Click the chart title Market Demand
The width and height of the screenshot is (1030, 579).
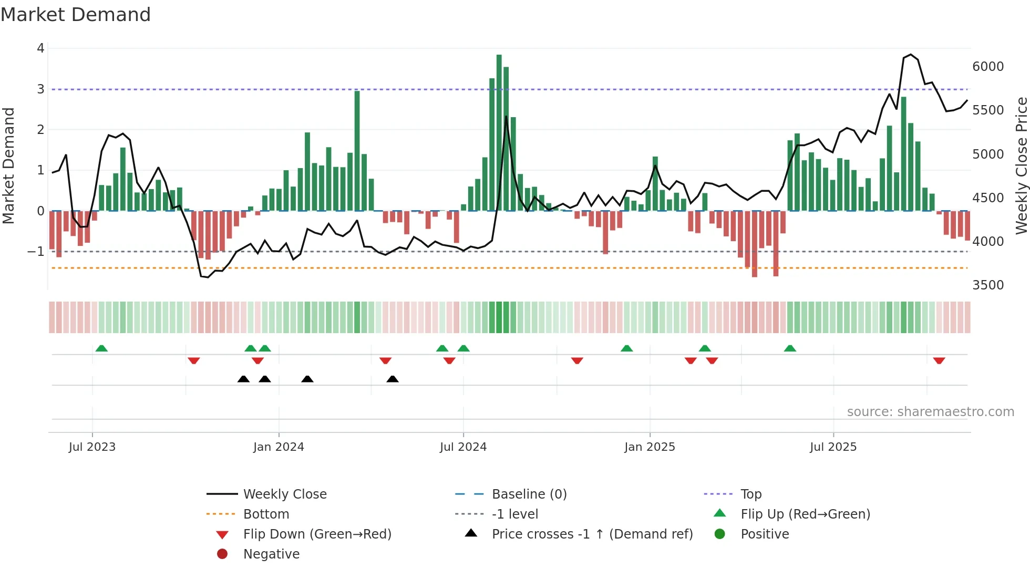pyautogui.click(x=76, y=15)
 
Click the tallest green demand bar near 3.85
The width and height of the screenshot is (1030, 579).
pyautogui.click(x=499, y=131)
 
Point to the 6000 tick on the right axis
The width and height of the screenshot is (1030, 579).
pyautogui.click(x=987, y=67)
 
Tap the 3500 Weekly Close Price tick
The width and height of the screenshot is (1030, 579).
pyautogui.click(x=987, y=285)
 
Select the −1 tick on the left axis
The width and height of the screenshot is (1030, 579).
pyautogui.click(x=36, y=252)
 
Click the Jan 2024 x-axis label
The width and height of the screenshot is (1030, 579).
pyautogui.click(x=279, y=447)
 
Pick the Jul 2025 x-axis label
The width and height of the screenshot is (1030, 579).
pyautogui.click(x=833, y=447)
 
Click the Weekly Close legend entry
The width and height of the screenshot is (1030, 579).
pyautogui.click(x=284, y=494)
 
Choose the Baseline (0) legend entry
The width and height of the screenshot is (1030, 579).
pyautogui.click(x=529, y=494)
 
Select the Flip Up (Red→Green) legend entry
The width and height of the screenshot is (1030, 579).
pyautogui.click(x=805, y=514)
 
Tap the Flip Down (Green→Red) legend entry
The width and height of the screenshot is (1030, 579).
pyautogui.click(x=317, y=534)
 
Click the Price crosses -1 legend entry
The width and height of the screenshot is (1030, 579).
pyautogui.click(x=592, y=534)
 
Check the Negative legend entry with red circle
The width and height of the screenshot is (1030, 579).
pyautogui.click(x=271, y=554)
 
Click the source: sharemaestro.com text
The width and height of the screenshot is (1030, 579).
pyautogui.click(x=930, y=412)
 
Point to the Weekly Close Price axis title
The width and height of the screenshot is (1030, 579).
pyautogui.click(x=1021, y=166)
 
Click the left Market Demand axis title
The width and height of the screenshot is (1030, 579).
pyautogui.click(x=8, y=166)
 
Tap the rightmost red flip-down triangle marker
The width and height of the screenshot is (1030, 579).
pyautogui.click(x=939, y=361)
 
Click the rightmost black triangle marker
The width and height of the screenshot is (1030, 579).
pyautogui.click(x=393, y=379)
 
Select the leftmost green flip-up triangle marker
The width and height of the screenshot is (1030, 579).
pyautogui.click(x=101, y=348)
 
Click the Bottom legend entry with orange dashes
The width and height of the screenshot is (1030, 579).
pyautogui.click(x=265, y=514)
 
